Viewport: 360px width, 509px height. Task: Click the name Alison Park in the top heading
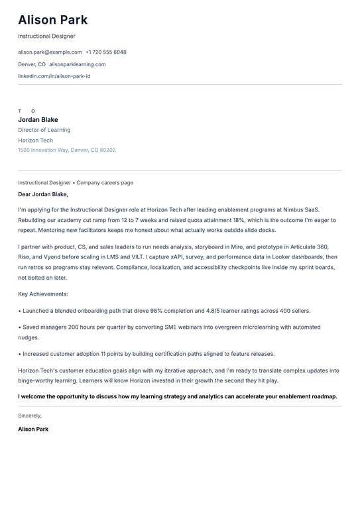coord(52,21)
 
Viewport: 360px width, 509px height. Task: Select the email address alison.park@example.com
coord(50,52)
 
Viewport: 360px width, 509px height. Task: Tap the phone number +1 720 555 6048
coord(105,52)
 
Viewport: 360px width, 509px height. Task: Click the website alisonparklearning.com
coord(77,64)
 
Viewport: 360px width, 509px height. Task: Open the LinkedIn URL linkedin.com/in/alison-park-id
coord(54,76)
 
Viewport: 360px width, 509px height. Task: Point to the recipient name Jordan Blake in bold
coord(38,120)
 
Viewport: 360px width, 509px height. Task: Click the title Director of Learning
coord(44,130)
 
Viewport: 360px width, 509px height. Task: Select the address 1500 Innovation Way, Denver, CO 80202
coord(66,150)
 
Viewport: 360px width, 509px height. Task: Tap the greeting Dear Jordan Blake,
coord(43,195)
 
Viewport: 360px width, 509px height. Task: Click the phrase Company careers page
coord(105,182)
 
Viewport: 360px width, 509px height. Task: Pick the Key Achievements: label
coord(43,294)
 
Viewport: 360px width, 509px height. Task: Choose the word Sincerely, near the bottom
coord(30,416)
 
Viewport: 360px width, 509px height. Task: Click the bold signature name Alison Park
coord(33,429)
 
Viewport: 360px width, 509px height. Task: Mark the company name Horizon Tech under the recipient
coord(35,141)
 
